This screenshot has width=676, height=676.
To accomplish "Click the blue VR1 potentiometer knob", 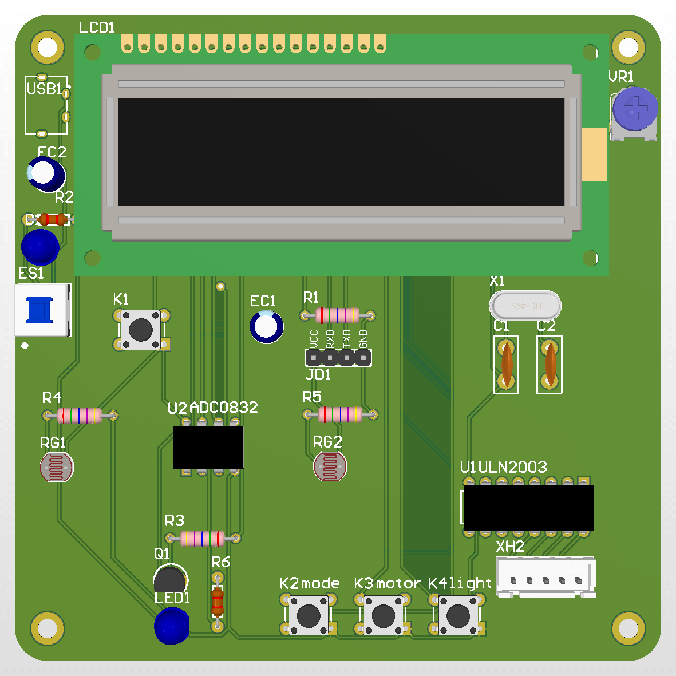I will [x=634, y=109].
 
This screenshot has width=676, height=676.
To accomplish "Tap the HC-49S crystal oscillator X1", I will [x=525, y=306].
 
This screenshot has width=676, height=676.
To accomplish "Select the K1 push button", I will [x=141, y=329].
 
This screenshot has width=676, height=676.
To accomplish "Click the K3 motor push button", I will [x=383, y=615].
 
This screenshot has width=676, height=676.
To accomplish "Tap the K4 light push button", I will [x=457, y=615].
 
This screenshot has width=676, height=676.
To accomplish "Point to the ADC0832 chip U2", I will [x=208, y=446].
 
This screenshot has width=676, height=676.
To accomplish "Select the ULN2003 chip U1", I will [x=528, y=508].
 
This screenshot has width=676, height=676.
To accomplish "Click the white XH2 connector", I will [x=545, y=577].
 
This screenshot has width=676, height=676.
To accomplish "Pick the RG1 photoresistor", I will [x=57, y=468].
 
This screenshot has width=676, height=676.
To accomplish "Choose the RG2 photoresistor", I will [x=330, y=466].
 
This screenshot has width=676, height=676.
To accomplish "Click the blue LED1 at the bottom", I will [x=171, y=625].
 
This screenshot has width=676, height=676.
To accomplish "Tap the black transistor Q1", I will [x=170, y=579].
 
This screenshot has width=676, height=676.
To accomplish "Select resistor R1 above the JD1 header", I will [x=338, y=315].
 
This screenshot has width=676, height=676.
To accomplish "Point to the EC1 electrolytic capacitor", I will [x=266, y=326].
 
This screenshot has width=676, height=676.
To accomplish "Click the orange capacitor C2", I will [x=550, y=364].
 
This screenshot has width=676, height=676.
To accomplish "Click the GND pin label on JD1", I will [x=363, y=339].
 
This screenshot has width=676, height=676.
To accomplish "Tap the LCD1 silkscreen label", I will [x=97, y=27].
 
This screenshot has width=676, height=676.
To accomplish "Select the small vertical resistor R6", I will [x=218, y=600].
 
